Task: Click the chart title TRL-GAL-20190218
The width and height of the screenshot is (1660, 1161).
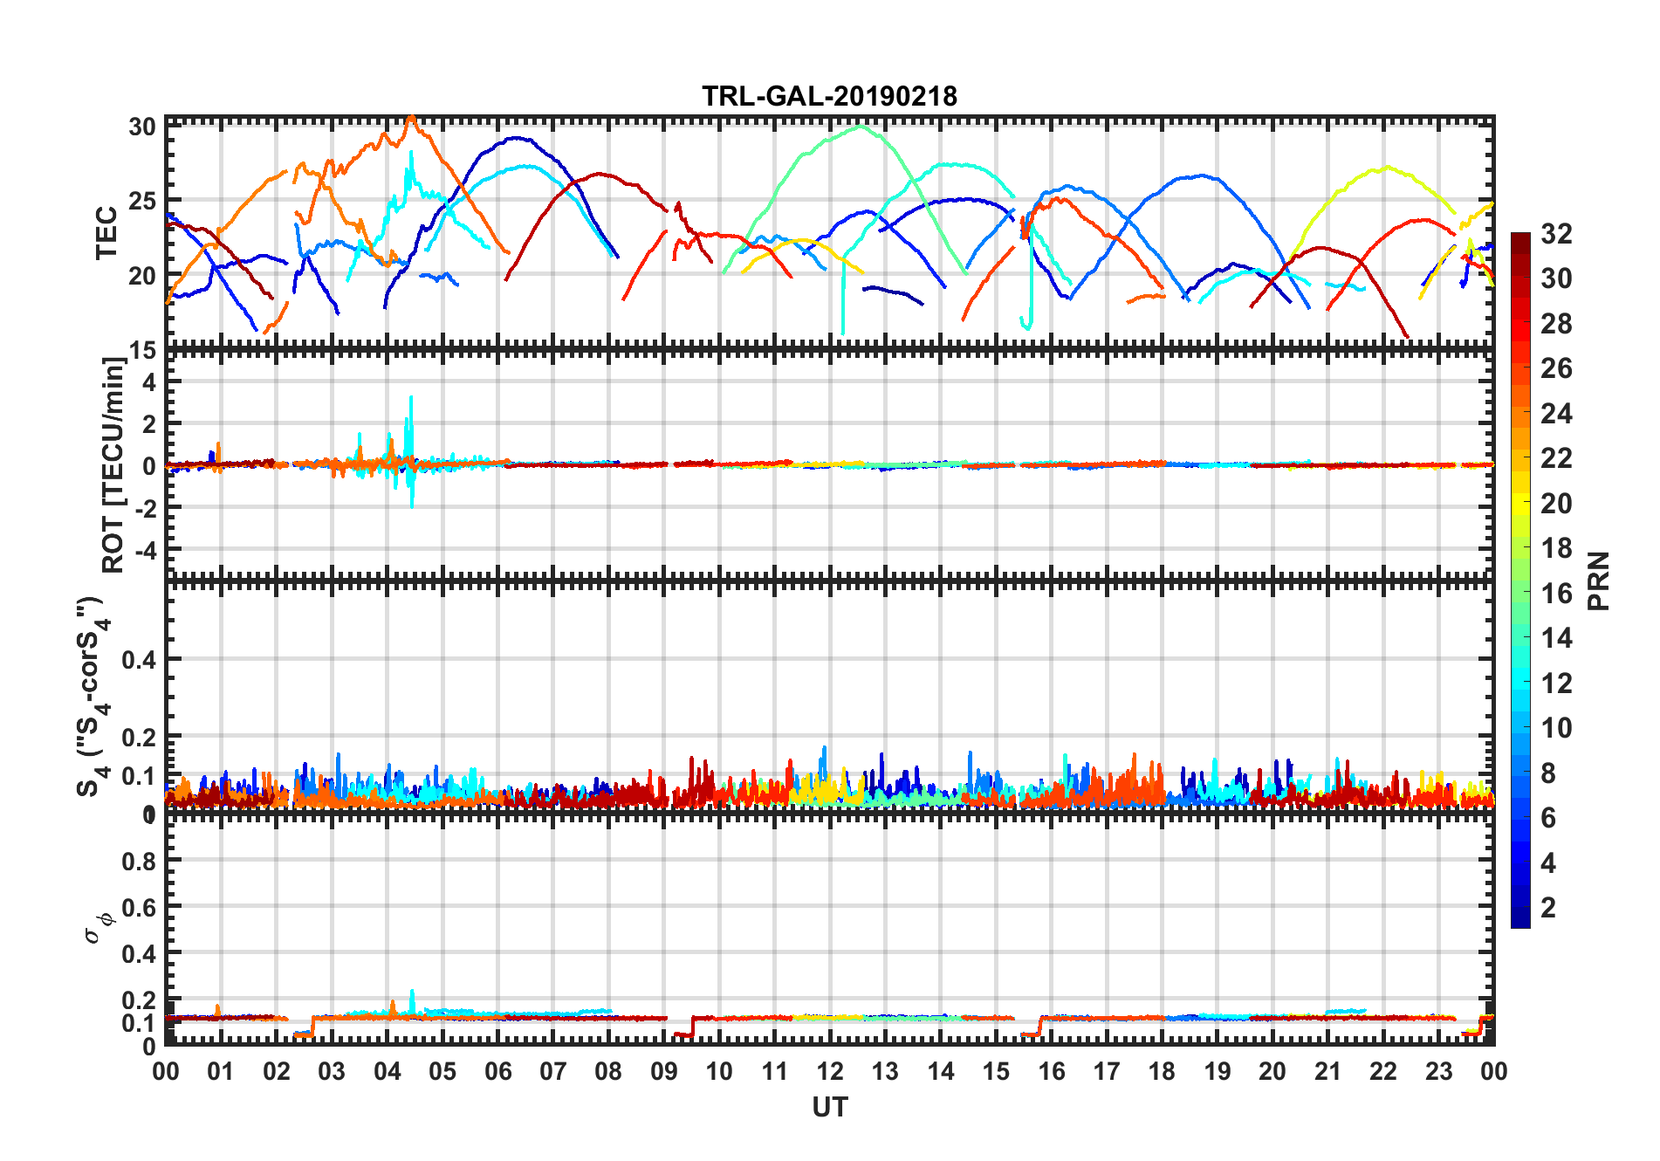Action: (829, 95)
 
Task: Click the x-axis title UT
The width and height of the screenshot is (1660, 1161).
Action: (829, 1107)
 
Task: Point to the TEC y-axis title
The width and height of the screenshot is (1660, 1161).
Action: (106, 233)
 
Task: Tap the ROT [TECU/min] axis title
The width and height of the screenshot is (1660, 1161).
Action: (113, 464)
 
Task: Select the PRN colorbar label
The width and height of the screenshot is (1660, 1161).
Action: (1599, 581)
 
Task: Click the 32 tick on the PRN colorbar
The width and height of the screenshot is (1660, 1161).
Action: (1556, 234)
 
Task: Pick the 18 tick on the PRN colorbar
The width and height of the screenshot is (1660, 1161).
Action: (1556, 548)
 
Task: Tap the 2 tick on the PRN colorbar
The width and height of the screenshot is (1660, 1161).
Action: (1548, 908)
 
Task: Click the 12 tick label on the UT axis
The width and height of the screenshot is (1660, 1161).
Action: (830, 1071)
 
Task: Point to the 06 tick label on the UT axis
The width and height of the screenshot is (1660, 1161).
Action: (497, 1071)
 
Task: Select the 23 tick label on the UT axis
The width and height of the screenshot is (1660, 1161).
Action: (1438, 1071)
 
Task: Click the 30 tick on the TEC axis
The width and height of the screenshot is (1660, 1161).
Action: (142, 127)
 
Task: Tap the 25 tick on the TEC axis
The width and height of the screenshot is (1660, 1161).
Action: (142, 201)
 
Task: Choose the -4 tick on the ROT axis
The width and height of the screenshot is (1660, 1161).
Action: (144, 550)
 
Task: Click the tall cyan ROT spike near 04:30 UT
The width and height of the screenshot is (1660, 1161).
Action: (411, 400)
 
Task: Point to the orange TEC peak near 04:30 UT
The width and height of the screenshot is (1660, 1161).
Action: (411, 117)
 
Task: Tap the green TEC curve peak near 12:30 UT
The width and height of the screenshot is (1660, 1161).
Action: (861, 127)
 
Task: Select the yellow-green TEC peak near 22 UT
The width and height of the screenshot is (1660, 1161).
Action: (1387, 168)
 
